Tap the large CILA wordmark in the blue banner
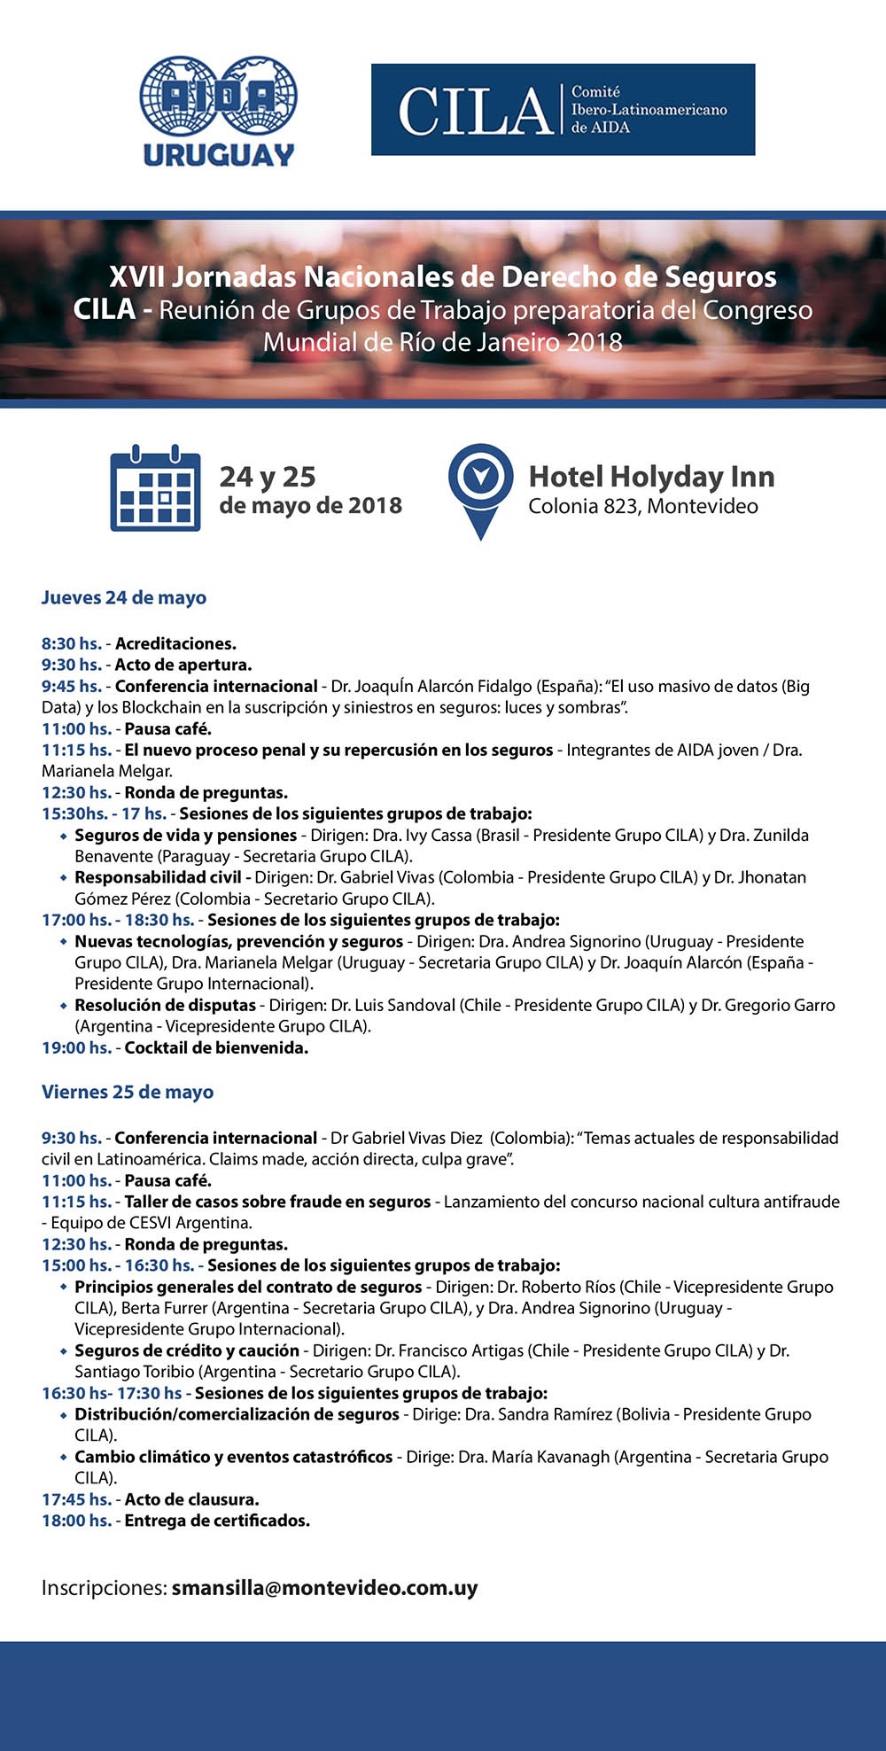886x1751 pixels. tap(476, 111)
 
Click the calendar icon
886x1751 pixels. tap(155, 488)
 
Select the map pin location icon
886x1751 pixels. tap(480, 489)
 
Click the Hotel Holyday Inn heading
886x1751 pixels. tap(651, 477)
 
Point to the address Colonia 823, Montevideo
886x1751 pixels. tap(643, 506)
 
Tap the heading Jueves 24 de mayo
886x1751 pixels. tap(124, 597)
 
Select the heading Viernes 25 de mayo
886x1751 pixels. tap(128, 1092)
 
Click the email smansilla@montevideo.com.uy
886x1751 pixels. tap(324, 1587)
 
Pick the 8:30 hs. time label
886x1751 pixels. tap(71, 643)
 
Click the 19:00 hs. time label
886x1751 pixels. tap(76, 1047)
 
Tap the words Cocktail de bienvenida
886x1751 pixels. tap(216, 1047)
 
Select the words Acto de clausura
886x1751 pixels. tap(191, 1499)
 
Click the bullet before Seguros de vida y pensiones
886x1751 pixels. tap(63, 836)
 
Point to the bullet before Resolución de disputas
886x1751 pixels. tap(63, 1006)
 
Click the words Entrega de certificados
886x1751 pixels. tap(217, 1521)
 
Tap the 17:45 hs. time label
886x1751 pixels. tap(76, 1499)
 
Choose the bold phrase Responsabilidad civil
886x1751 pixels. tap(158, 877)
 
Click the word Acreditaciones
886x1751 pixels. tap(175, 643)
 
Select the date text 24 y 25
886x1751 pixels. tap(268, 477)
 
